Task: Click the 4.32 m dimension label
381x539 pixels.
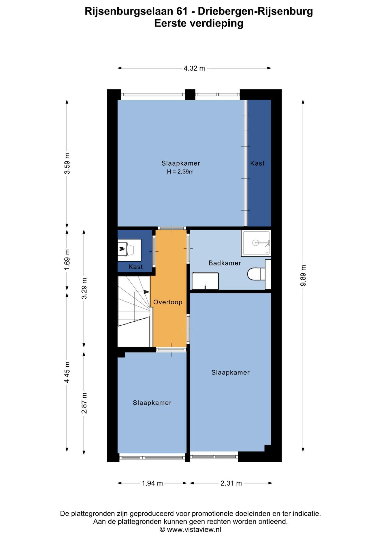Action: click(x=194, y=68)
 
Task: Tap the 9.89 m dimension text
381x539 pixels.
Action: click(x=303, y=275)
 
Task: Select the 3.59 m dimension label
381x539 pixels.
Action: click(x=67, y=163)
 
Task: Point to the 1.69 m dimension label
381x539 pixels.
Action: click(x=67, y=260)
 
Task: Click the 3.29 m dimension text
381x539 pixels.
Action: click(x=84, y=288)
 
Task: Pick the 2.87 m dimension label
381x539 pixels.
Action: click(x=84, y=403)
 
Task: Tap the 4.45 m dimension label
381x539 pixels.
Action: click(x=67, y=372)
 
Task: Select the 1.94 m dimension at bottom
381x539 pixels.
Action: click(x=152, y=483)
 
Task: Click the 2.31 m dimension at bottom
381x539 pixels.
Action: click(x=231, y=483)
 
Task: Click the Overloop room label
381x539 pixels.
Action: click(x=168, y=302)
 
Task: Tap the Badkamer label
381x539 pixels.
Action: click(x=225, y=263)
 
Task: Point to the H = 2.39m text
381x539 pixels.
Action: click(x=180, y=172)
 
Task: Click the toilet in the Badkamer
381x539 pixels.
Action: click(x=256, y=274)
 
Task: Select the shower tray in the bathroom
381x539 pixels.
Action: click(x=256, y=243)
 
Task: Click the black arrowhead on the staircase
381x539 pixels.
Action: click(x=146, y=292)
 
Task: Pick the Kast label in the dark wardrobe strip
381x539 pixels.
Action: click(x=257, y=163)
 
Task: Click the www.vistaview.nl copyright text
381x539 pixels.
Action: click(x=190, y=529)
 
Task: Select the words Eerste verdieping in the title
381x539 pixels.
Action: click(x=199, y=23)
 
